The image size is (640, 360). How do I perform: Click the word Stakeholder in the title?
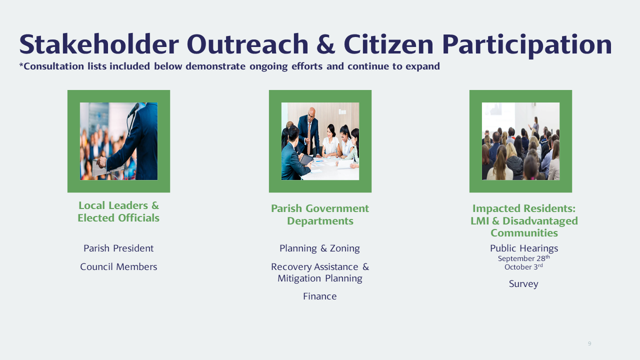pos(99,44)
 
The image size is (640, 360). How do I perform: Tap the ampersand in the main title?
pos(325,44)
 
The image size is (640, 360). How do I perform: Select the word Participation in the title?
pos(527,45)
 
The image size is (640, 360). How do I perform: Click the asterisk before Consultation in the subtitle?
pos(21,65)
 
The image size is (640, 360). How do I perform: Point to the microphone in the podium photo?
pos(133,109)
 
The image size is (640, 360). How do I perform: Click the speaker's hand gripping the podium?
pos(101,162)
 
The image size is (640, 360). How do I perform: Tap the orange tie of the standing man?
pos(309,139)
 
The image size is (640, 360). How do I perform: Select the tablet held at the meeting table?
pos(306,160)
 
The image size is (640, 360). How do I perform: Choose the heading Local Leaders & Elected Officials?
pos(118,211)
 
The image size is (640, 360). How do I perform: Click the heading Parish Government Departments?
pos(320,214)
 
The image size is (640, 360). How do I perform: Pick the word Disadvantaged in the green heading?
pos(540,221)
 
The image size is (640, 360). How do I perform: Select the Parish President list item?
pos(118,248)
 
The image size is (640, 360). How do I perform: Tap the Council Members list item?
pos(118,266)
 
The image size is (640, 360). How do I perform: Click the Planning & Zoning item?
pos(319,248)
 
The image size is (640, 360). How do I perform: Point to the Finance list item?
pos(319,296)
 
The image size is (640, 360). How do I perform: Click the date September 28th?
pos(523,258)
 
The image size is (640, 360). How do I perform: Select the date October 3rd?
pos(523,267)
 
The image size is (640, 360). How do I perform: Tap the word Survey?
pos(523,284)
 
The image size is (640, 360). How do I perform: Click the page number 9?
pos(589,343)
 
